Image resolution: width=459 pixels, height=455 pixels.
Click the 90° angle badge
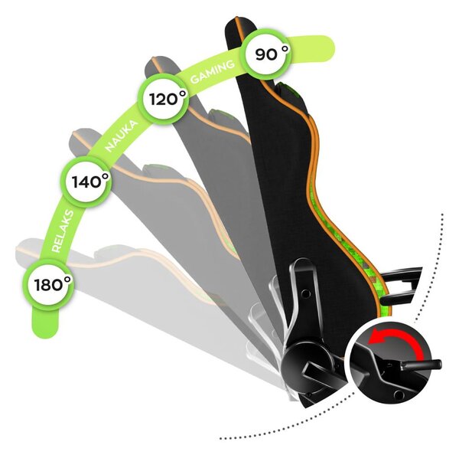267,54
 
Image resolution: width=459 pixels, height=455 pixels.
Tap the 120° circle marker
163,99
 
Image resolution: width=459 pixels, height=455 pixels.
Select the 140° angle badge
86,182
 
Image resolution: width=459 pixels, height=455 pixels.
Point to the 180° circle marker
49,284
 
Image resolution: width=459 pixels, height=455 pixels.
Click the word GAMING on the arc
212,71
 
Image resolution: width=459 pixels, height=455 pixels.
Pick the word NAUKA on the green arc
121,136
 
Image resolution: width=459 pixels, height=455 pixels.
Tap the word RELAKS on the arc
62,231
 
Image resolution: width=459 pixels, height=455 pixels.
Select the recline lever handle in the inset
421,365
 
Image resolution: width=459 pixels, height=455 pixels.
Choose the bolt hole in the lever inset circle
399,395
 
